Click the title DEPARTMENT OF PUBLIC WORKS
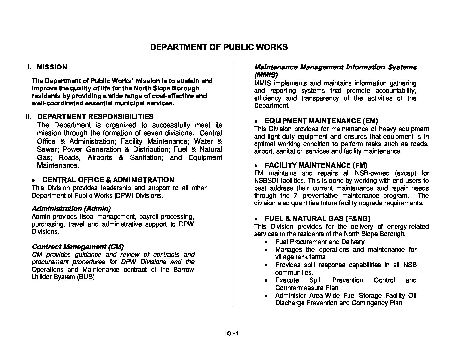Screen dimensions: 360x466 click(x=219, y=47)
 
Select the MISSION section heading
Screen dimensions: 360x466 click(x=52, y=67)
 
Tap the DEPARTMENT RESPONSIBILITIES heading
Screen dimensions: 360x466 click(x=95, y=116)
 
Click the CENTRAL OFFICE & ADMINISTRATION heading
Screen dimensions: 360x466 click(x=108, y=180)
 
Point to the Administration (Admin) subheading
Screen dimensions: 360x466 click(x=71, y=209)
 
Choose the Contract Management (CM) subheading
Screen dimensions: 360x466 click(x=78, y=247)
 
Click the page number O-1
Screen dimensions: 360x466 click(x=233, y=334)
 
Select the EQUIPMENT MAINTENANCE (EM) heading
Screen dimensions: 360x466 click(x=321, y=121)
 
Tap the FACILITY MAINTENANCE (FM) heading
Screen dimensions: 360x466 click(x=316, y=165)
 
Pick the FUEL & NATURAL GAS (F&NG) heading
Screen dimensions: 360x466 click(x=317, y=219)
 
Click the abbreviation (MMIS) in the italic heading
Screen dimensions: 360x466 click(x=265, y=75)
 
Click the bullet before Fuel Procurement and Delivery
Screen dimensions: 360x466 click(x=267, y=242)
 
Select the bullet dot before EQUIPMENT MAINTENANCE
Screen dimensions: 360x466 click(x=256, y=121)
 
